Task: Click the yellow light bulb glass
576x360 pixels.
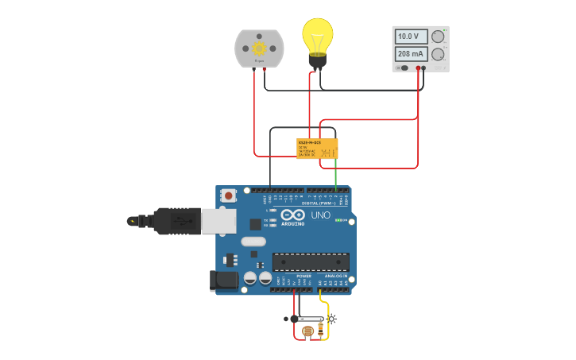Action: click(317, 35)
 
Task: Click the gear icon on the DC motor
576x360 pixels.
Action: click(259, 48)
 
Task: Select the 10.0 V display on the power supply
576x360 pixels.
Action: click(411, 37)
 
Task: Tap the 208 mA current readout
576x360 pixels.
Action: click(411, 54)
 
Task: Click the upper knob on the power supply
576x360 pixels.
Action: click(438, 36)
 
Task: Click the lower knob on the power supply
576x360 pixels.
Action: click(438, 54)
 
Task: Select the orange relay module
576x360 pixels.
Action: click(317, 149)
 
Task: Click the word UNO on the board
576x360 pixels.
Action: click(320, 215)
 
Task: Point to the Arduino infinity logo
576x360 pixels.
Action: click(292, 215)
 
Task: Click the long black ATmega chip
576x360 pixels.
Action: click(311, 261)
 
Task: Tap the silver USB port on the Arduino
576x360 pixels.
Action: click(218, 221)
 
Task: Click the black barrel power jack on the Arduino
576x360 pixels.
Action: click(224, 280)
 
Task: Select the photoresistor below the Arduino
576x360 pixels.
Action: click(307, 331)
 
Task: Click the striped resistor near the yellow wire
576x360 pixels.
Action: click(321, 327)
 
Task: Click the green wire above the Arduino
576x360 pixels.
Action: click(335, 173)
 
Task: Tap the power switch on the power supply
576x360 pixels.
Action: click(404, 68)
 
